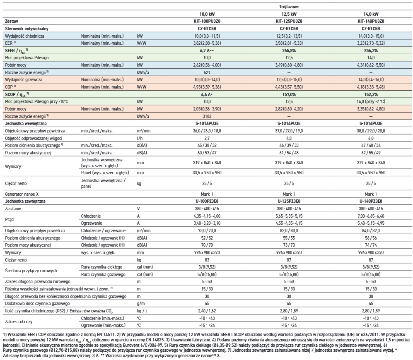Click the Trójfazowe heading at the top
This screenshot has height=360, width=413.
coord(289,7)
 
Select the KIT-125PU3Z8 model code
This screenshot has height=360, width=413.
coord(289,22)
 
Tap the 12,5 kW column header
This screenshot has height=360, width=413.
coord(289,14)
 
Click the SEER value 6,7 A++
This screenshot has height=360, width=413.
coord(207,50)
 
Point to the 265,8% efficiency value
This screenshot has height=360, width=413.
coord(289,50)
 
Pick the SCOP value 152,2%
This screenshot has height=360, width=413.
coord(371,94)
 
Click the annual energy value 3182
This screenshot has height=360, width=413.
coord(207,116)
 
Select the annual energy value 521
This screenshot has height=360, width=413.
coord(207,72)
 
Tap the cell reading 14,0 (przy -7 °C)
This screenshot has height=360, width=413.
coord(371,101)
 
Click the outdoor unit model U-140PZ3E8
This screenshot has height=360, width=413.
coord(371,202)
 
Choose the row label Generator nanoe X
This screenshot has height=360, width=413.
coord(22,194)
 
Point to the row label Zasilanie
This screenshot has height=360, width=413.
coord(13,209)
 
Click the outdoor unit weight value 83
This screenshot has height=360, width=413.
coord(207,260)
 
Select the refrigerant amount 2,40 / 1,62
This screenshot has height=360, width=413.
coord(207,311)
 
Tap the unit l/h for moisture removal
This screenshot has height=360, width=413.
coord(140,138)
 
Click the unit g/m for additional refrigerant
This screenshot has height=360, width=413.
coord(141,303)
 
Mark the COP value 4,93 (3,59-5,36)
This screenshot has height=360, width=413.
coord(207,87)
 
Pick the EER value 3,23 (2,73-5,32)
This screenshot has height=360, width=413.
coord(371,43)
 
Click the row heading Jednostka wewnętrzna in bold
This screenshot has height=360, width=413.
coord(26,123)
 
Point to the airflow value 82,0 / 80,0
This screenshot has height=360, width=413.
coord(289,230)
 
